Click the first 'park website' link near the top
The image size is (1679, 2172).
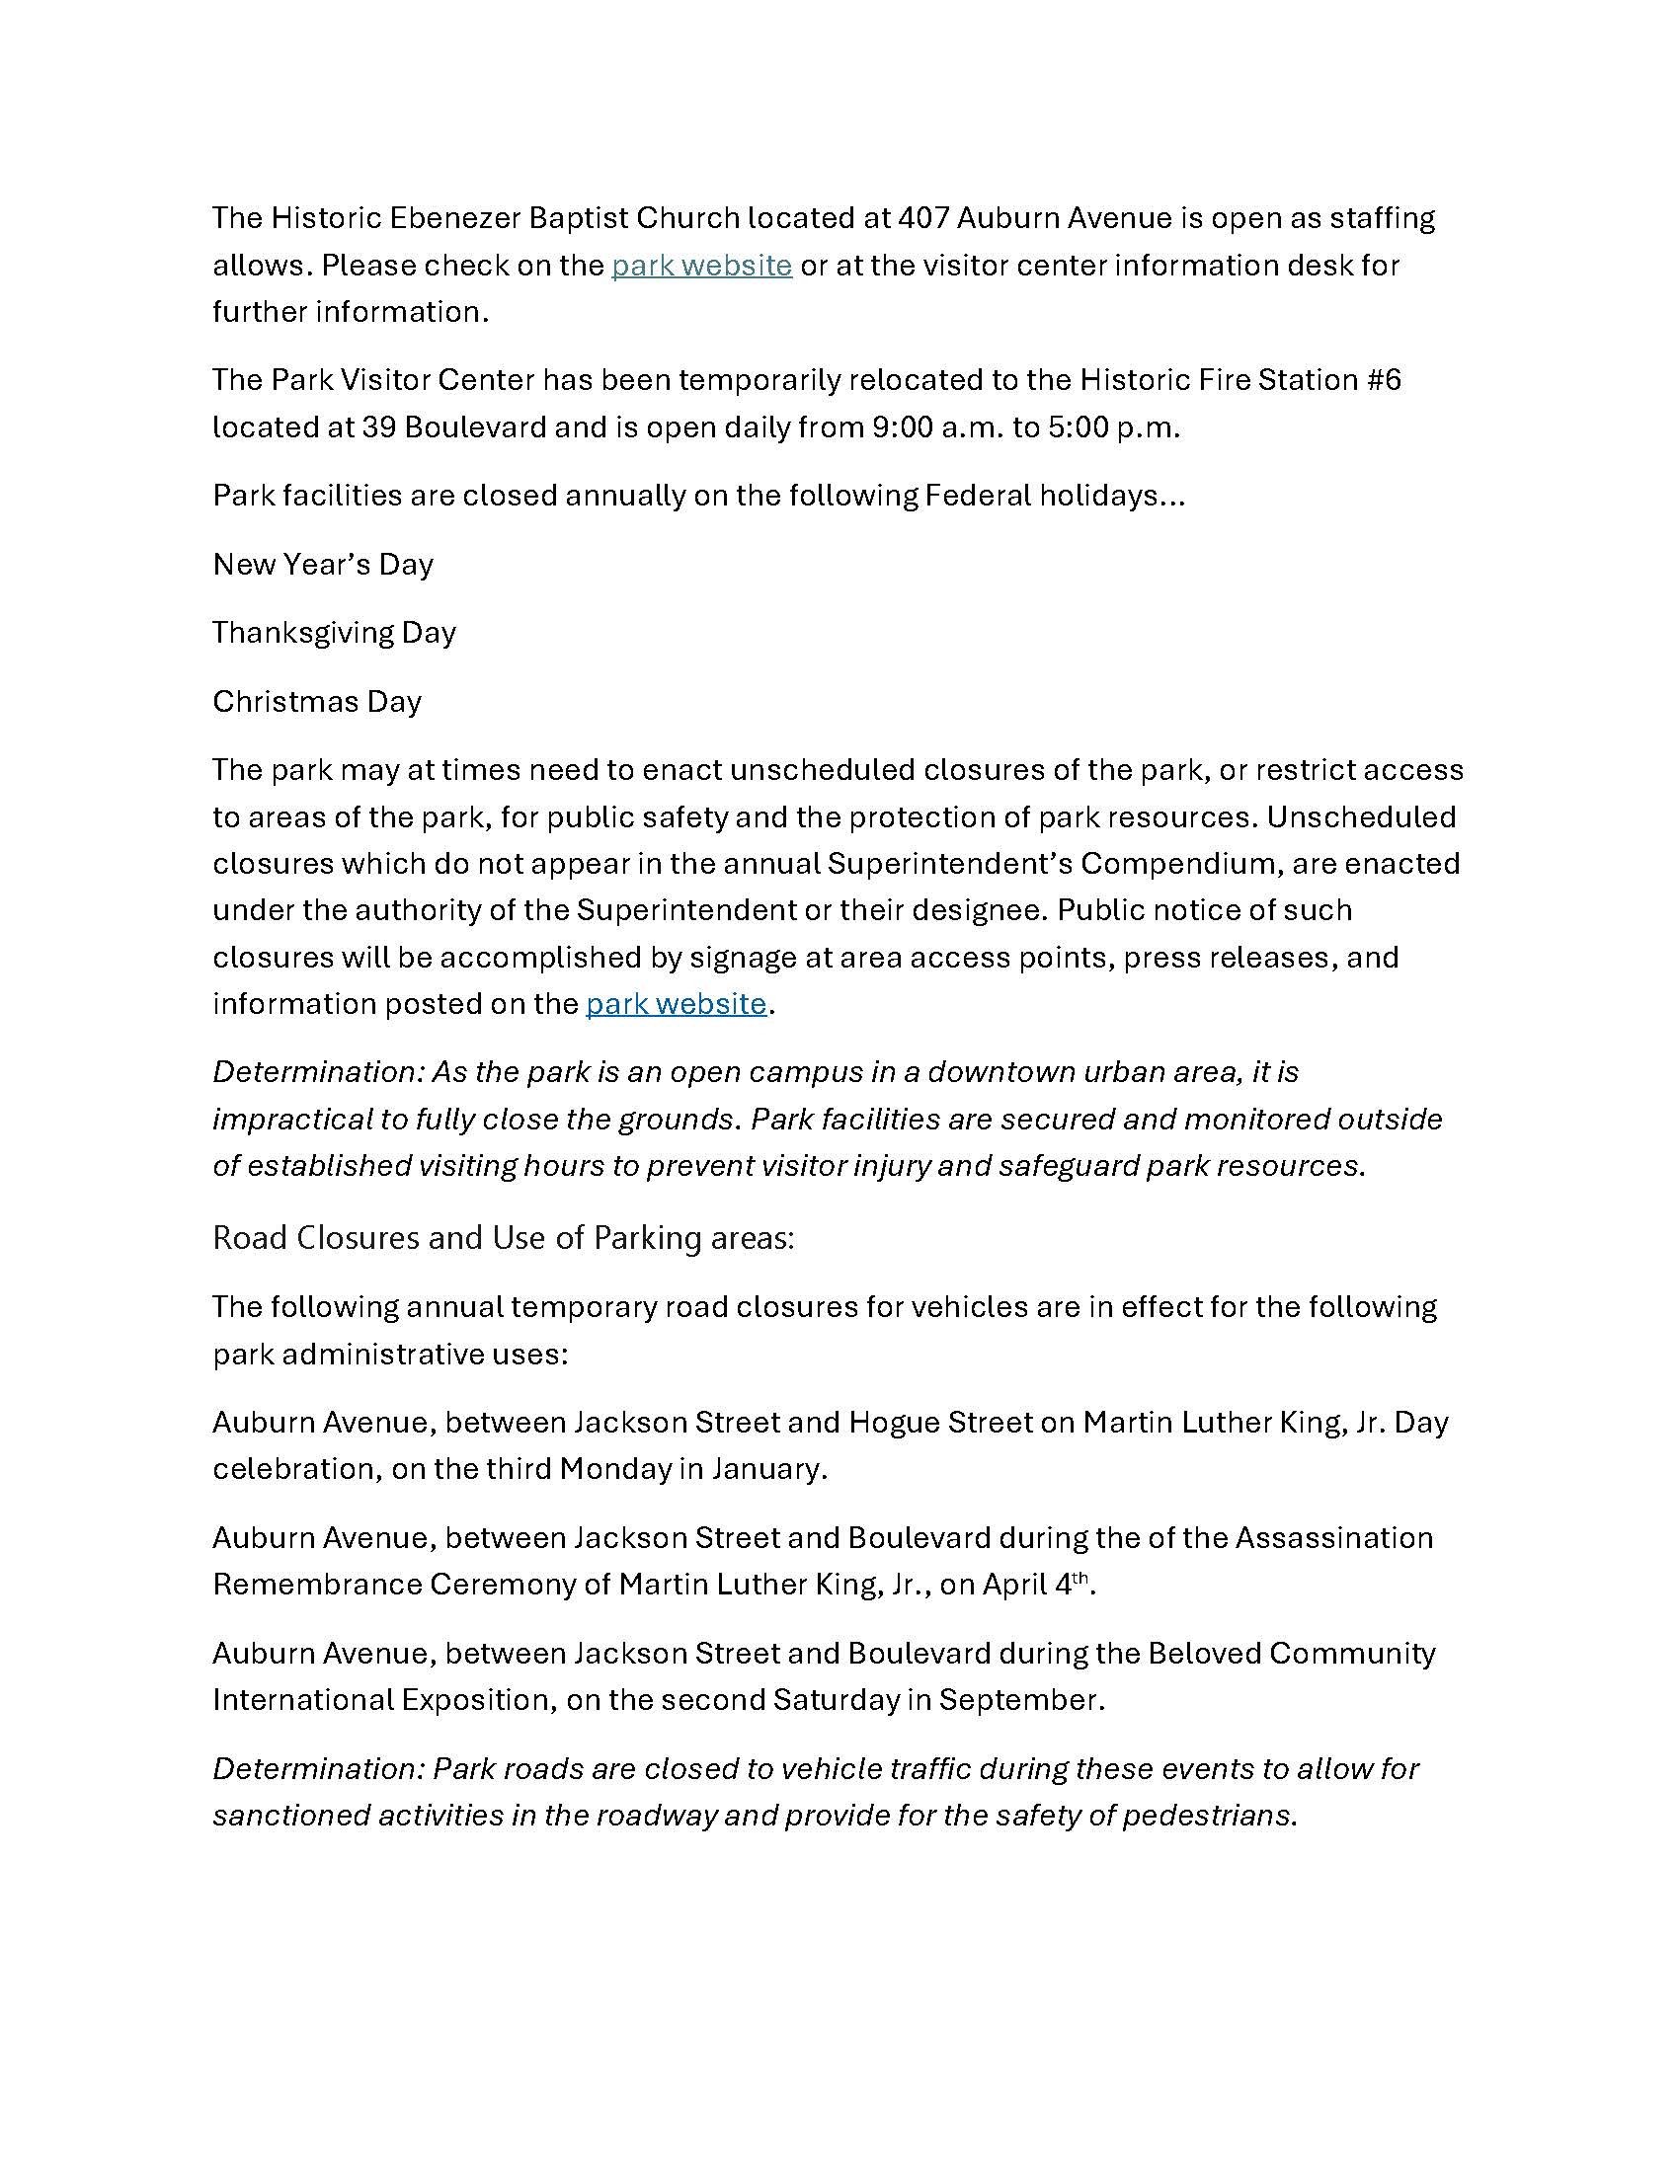coord(701,266)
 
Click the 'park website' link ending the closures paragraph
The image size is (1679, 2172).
coord(676,1003)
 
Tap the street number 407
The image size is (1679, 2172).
coord(926,218)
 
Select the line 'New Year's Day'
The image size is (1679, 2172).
coord(323,565)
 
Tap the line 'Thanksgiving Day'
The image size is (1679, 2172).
coord(334,633)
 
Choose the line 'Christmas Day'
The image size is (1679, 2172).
coord(317,702)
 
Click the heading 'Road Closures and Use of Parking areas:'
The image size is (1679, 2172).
coord(504,1238)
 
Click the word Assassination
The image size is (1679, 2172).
coord(1334,1538)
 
